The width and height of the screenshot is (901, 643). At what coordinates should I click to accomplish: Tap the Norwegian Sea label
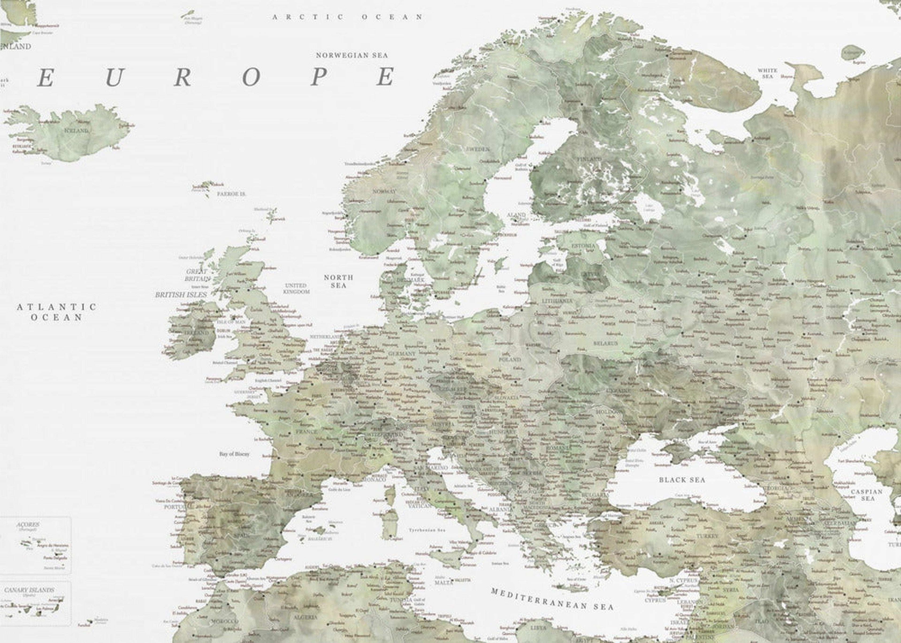point(352,55)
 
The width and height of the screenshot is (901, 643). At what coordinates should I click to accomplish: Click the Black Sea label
point(682,480)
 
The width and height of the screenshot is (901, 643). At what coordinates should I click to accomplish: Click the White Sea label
point(767,73)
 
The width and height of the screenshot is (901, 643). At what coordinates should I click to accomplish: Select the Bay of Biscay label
point(234,454)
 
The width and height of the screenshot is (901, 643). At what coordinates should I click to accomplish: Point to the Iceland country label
point(77,130)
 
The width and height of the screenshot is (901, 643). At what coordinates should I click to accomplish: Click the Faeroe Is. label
point(232,194)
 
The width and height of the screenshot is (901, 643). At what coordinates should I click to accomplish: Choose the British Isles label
point(181,295)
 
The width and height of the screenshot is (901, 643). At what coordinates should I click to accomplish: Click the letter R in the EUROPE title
point(182,77)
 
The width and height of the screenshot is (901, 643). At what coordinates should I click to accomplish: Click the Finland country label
point(589,159)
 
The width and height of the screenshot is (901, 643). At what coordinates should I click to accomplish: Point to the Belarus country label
point(605,343)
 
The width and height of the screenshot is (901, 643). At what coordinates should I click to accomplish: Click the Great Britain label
point(197,275)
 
